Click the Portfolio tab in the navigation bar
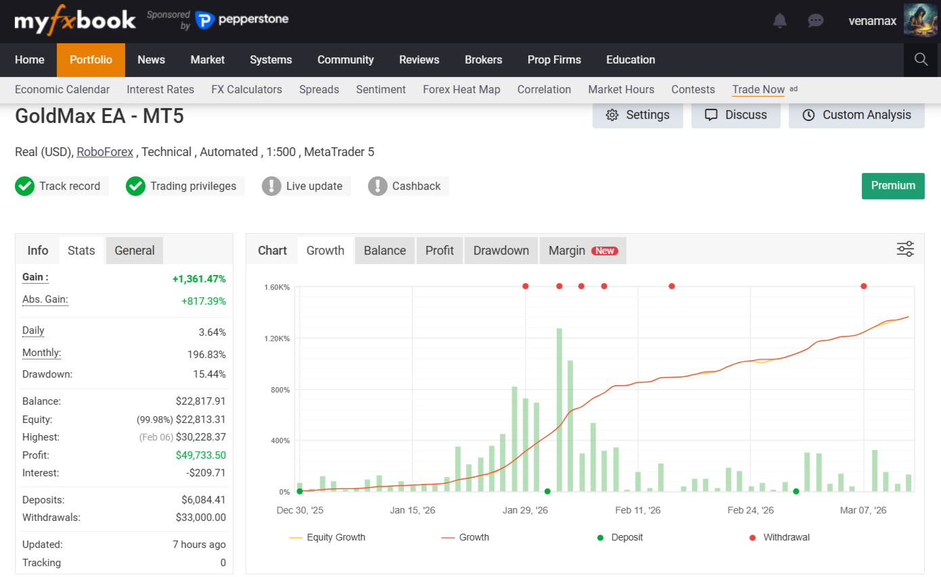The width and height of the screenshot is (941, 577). click(91, 59)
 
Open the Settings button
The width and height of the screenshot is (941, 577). click(637, 115)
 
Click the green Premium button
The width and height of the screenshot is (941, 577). click(893, 186)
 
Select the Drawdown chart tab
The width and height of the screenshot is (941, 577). click(501, 251)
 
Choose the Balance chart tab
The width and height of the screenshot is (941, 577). click(385, 251)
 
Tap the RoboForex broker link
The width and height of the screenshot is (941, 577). click(105, 152)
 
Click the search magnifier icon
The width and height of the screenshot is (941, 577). click(921, 59)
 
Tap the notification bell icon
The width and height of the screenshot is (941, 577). click(780, 20)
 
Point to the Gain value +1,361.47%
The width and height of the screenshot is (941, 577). click(199, 278)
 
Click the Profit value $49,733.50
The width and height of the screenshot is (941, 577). click(200, 455)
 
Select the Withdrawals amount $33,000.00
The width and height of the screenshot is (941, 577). click(200, 518)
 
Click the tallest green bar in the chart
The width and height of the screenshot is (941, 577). click(559, 409)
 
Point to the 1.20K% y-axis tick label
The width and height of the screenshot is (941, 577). click(277, 338)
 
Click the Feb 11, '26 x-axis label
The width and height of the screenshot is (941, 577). click(638, 510)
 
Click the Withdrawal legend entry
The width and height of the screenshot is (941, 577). click(779, 537)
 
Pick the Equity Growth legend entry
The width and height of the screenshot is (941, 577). click(327, 537)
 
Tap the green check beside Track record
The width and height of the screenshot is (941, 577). click(25, 186)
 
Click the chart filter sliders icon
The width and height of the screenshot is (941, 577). click(905, 249)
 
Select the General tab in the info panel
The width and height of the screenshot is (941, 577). click(135, 251)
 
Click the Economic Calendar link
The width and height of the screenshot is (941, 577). click(62, 89)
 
